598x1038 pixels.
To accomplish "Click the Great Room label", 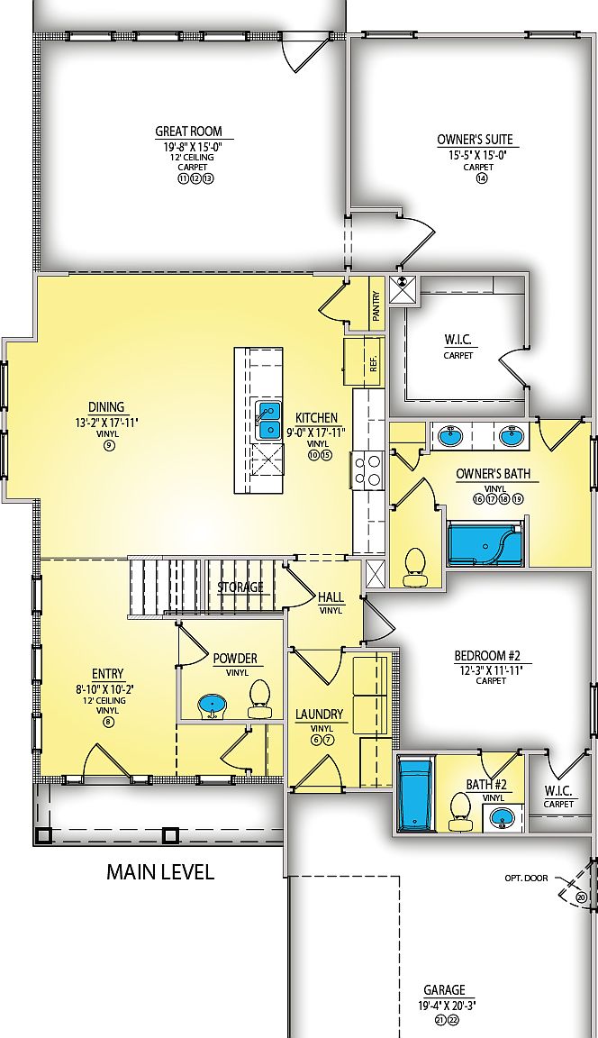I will [x=188, y=132].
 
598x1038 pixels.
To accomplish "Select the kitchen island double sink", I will [x=268, y=421].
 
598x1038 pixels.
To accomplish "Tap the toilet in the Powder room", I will [x=259, y=699].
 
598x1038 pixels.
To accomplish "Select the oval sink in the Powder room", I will [x=212, y=705].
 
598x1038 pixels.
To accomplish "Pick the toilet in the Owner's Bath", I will [x=415, y=563].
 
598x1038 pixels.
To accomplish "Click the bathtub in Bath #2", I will [x=415, y=795].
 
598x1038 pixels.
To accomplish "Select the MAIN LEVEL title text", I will [x=160, y=872].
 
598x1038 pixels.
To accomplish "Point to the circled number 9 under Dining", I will [x=109, y=446].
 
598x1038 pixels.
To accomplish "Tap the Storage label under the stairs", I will [x=240, y=587].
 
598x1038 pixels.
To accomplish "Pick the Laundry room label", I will [x=320, y=715].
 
